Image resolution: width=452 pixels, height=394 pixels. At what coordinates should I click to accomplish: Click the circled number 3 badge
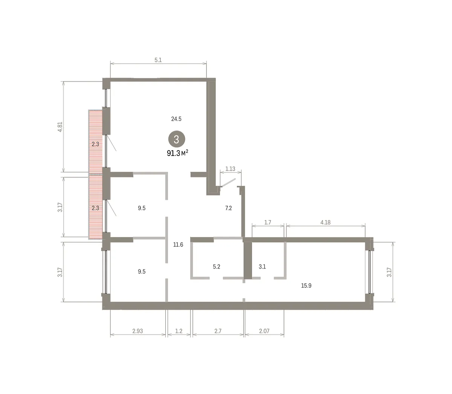pos(177,139)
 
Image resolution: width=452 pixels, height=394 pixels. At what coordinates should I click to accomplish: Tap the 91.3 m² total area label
pos(177,153)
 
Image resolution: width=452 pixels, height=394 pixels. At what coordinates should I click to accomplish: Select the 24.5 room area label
pos(176,119)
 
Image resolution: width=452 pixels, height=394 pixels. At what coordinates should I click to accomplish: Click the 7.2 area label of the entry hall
pos(228,208)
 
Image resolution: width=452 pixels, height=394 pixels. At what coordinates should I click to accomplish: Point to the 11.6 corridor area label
pos(178,245)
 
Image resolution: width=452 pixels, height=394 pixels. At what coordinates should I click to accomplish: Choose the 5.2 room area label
pos(217,267)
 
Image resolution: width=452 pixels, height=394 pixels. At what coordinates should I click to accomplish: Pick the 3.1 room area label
pos(262,267)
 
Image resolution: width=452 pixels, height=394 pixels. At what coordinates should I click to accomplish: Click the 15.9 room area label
pos(306,286)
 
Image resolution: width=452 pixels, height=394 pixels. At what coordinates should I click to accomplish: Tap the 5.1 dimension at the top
pos(158,60)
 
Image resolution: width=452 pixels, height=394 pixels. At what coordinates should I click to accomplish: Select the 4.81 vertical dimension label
pos(60,127)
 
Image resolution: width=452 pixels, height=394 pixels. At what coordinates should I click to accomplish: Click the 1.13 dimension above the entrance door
pos(230,169)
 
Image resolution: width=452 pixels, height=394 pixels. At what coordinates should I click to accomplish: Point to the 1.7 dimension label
pos(268,222)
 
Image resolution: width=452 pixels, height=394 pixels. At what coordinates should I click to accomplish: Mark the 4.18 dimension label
pos(325,222)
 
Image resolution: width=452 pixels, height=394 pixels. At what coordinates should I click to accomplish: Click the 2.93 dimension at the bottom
pos(137,331)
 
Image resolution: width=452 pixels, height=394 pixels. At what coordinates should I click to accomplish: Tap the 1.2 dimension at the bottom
pos(179,331)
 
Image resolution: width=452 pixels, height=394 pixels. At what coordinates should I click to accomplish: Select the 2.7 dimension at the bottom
pos(218,331)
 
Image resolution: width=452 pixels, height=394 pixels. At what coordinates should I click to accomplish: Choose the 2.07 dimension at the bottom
pos(264,331)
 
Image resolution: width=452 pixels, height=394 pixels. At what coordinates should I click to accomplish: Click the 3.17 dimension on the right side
pos(389,272)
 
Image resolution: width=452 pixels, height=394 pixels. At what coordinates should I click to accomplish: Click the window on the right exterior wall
pos(370,272)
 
